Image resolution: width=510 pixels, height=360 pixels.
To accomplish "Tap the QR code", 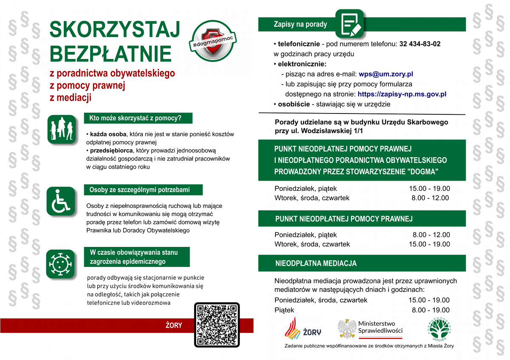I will tap(217, 324).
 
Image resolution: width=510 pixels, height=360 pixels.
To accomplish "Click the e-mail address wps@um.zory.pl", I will tap(383, 74).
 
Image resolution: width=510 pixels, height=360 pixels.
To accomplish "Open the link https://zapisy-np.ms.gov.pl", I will tap(402, 94).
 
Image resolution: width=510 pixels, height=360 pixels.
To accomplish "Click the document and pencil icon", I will tap(349, 23).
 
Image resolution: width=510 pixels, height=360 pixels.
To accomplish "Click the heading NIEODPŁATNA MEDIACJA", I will tap(316, 264).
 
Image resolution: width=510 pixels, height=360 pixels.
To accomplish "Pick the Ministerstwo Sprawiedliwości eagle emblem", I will tap(347, 328).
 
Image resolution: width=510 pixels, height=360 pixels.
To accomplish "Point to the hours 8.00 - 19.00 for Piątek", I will tap(431, 310).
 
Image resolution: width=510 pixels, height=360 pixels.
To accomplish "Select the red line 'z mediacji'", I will tap(71, 98).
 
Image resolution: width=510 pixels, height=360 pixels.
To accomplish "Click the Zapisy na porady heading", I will tap(300, 24).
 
